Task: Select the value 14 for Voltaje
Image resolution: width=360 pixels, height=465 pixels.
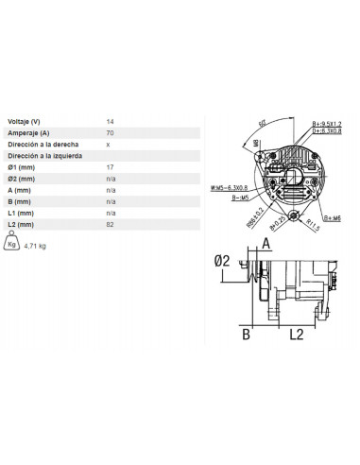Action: coord(111,122)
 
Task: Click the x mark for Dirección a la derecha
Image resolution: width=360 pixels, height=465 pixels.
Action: coord(109,145)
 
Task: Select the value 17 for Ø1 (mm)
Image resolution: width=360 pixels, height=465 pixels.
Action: coord(111,167)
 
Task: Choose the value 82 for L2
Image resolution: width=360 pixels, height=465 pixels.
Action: coord(111,224)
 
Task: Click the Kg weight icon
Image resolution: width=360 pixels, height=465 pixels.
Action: coord(11,244)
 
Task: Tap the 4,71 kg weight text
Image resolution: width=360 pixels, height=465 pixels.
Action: coord(35,245)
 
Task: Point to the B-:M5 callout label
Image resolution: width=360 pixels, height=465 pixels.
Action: coord(239,199)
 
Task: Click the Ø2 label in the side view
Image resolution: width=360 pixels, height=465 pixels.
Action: coord(223,261)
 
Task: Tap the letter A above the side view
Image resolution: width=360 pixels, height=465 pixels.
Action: coord(266,243)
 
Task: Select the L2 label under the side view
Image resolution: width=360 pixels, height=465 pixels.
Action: coord(295,334)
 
